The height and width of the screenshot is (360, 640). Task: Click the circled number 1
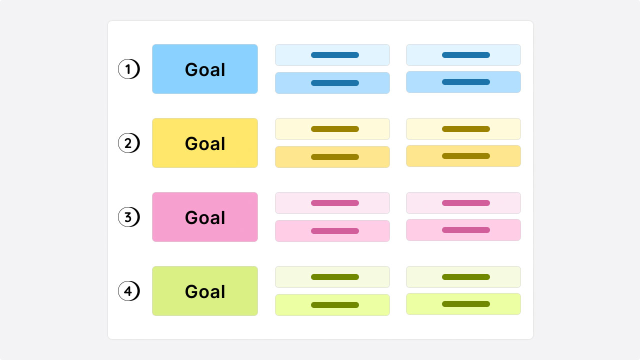pyautogui.click(x=129, y=69)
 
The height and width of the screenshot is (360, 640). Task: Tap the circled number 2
pyautogui.click(x=129, y=143)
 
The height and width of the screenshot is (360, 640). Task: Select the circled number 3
pyautogui.click(x=129, y=217)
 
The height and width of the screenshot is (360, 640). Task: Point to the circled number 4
pyautogui.click(x=129, y=291)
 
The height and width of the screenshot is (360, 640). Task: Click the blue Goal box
pyautogui.click(x=205, y=69)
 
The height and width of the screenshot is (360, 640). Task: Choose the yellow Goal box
pyautogui.click(x=205, y=143)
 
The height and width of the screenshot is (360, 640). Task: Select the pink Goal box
pyautogui.click(x=205, y=217)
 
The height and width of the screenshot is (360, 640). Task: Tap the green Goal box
pyautogui.click(x=205, y=291)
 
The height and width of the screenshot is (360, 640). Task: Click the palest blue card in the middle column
pyautogui.click(x=332, y=55)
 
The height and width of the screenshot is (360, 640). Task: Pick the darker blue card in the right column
pyautogui.click(x=463, y=82)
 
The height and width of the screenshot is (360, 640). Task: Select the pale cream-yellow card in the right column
pyautogui.click(x=463, y=129)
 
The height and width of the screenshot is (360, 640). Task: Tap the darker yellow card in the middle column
pyautogui.click(x=332, y=157)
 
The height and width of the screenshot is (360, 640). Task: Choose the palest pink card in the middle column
pyautogui.click(x=332, y=203)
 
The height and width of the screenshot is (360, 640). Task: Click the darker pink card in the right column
pyautogui.click(x=463, y=230)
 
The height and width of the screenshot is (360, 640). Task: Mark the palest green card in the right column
pyautogui.click(x=463, y=277)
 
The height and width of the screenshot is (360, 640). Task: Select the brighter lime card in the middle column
pyautogui.click(x=332, y=305)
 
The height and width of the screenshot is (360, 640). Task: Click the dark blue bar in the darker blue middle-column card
pyautogui.click(x=335, y=83)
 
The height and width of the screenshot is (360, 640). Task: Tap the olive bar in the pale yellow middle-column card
pyautogui.click(x=335, y=129)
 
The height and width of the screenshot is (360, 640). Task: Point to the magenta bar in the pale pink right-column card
pyautogui.click(x=466, y=203)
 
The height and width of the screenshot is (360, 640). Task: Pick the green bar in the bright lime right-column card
pyautogui.click(x=466, y=304)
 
